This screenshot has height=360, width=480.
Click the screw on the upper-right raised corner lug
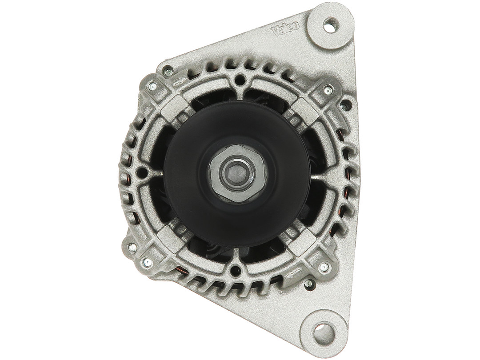tap(328, 89)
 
